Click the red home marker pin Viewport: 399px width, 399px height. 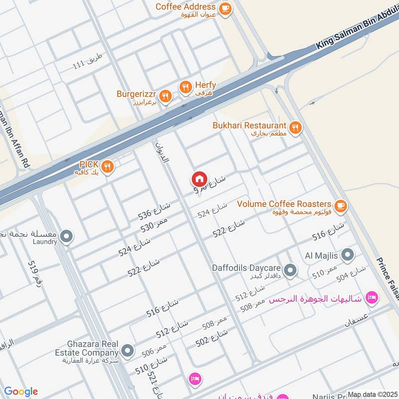pos(199,179)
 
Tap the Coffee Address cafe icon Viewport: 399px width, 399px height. pos(225,8)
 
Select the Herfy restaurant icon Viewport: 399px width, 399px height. pos(186,87)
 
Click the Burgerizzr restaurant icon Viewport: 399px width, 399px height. pos(166,95)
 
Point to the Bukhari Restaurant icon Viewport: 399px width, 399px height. pos(296,128)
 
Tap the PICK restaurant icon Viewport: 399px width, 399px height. pos(107,166)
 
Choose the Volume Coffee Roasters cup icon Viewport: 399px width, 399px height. pos(341,204)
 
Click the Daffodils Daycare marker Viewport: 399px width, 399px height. pos(290,271)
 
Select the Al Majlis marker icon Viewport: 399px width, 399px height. pos(348,256)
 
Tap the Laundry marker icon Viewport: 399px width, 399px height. pos(66,236)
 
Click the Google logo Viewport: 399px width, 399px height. pos(21,392)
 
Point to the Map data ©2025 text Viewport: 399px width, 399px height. pos(372,395)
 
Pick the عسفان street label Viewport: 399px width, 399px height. pos(355,320)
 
